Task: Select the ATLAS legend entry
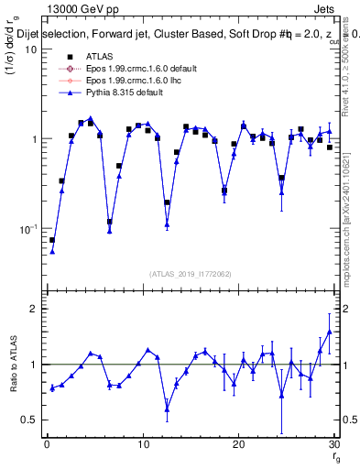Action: (x=98, y=55)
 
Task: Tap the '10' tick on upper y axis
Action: (x=30, y=49)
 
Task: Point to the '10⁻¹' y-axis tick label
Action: (x=27, y=229)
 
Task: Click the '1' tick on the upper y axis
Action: (x=33, y=139)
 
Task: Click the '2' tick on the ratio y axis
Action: (x=33, y=309)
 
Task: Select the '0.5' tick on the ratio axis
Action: (x=29, y=420)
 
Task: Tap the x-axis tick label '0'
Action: (x=47, y=444)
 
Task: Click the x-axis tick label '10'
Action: (x=142, y=444)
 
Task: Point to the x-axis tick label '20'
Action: (x=238, y=444)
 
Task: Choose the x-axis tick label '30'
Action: (x=333, y=444)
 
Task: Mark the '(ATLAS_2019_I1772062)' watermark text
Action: (x=191, y=273)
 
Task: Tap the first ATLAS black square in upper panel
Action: (x=52, y=240)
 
